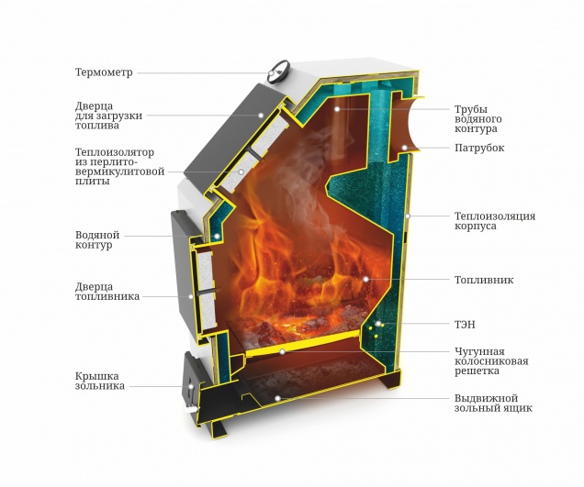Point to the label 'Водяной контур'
[x=95, y=240]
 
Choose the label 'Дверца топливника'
[x=107, y=292]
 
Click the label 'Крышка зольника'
[x=99, y=382]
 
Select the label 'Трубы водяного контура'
[x=484, y=119]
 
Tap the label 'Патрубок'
[x=478, y=148]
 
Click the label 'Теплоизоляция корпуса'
[x=494, y=221]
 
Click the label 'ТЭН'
[x=465, y=325]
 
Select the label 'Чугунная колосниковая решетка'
[x=491, y=360]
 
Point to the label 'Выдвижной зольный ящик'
[x=493, y=403]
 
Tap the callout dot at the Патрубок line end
[x=402, y=148]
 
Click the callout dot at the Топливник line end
[x=365, y=279]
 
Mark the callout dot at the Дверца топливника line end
[x=190, y=296]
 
